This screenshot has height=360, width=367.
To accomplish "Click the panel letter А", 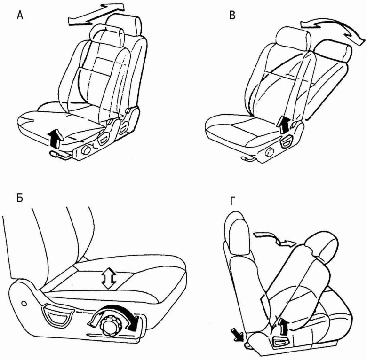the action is tap(20, 16).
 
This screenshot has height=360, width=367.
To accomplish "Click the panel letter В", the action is tap(232, 16).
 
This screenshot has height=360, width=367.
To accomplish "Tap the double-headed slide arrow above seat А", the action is tap(96, 14).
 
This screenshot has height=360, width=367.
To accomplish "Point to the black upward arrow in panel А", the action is tap(56, 139).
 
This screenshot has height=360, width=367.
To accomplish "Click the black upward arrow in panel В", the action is tap(284, 125).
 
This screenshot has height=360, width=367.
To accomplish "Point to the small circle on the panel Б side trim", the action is tap(24, 304).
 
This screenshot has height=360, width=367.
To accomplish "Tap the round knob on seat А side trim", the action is tap(86, 150).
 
